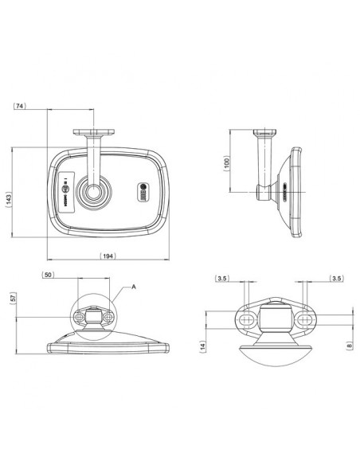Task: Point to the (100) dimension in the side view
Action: click(227, 162)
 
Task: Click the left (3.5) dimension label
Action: click(224, 279)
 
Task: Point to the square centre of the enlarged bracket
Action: click(276, 319)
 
